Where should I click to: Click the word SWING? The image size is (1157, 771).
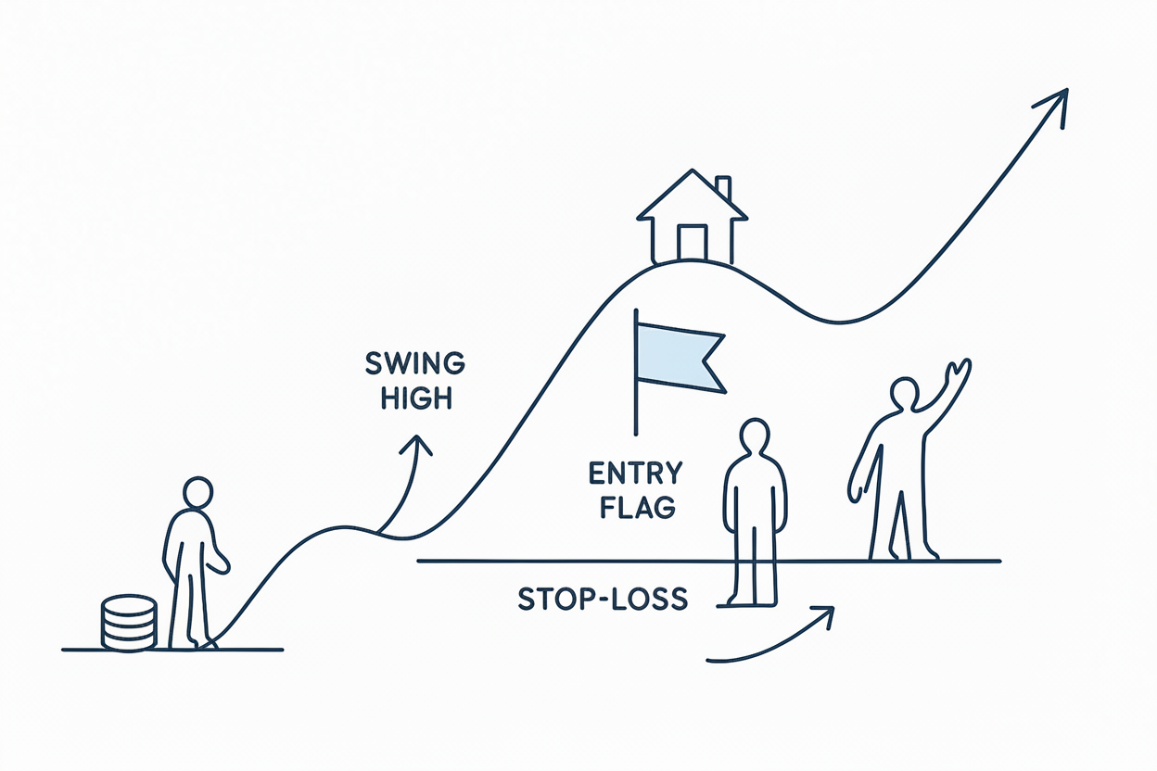coord(415,363)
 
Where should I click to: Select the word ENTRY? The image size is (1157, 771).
coord(635,474)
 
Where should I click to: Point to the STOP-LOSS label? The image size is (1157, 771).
coord(603,600)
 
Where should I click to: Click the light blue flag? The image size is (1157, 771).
coord(677,357)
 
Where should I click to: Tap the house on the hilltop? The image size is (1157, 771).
coord(692,218)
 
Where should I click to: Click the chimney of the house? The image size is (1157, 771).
coord(723,187)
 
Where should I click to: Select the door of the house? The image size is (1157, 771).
coord(692,242)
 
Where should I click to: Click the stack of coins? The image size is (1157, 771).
coord(129,623)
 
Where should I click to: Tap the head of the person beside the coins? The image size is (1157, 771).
coord(197,494)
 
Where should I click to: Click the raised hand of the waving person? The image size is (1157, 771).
coord(959,374)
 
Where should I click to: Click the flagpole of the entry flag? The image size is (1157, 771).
coord(636,389)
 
